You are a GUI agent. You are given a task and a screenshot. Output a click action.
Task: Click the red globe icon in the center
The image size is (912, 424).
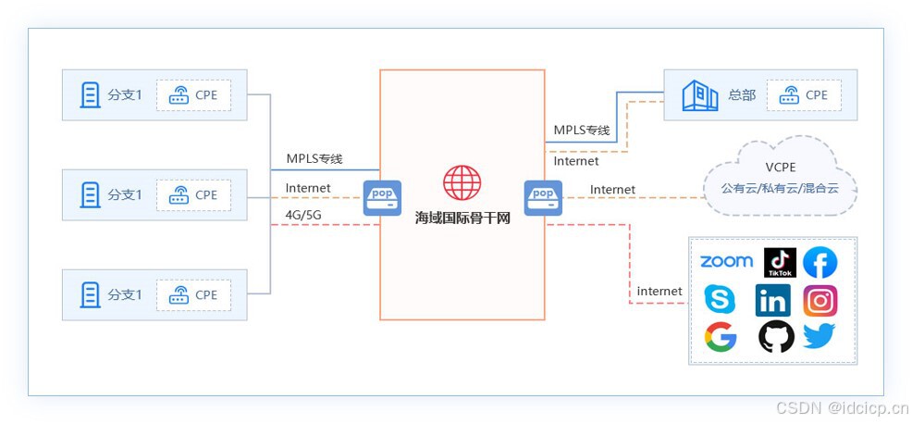[462, 183]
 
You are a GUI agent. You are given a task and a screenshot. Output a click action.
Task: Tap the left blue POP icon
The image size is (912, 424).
[382, 197]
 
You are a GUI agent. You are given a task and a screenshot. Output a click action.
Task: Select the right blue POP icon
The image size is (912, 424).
[543, 197]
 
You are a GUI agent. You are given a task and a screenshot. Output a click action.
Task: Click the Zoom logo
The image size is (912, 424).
[726, 261]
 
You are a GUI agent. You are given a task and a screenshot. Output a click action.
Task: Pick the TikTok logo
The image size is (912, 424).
[780, 263]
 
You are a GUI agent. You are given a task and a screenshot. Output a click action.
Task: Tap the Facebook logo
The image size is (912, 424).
[820, 263]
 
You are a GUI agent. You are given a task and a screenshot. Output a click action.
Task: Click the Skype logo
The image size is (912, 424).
[720, 300]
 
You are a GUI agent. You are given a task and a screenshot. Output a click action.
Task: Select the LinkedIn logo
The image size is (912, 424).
[772, 300]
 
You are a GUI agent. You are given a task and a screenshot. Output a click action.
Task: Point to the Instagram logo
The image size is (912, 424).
[820, 300]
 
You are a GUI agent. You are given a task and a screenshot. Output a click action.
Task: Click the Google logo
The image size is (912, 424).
[720, 337]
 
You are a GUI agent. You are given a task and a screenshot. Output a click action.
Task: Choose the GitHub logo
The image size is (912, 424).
[776, 337]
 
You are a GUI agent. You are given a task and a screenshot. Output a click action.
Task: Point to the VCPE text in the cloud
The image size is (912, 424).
[781, 168]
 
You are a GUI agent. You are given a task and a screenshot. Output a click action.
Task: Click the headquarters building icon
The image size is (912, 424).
[700, 94]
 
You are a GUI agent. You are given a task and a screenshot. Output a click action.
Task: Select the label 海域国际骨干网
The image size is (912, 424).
[462, 219]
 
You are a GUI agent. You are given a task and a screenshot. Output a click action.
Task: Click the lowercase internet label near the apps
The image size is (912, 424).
[659, 291]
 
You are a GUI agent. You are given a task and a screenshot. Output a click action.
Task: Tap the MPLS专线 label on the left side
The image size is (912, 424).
[314, 159]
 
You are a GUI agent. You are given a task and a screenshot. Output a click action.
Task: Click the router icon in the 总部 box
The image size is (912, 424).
[789, 94]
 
